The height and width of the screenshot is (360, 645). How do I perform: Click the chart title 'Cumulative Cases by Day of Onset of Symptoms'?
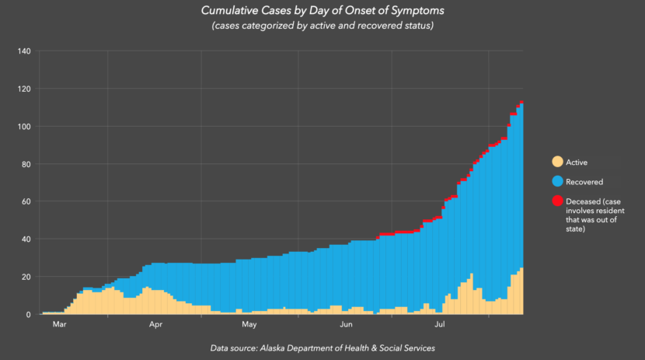322,12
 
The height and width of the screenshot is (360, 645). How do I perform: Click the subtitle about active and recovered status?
322,26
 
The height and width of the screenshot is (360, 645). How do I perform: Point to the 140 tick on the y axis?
24,52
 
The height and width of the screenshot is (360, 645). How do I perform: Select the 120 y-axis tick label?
24,89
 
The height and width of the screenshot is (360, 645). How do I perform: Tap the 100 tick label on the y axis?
24,127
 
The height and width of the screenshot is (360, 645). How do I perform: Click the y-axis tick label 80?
26,164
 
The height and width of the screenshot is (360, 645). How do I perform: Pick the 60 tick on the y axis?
26,201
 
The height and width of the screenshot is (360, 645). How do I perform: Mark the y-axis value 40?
26,239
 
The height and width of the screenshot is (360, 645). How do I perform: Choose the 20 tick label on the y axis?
26,277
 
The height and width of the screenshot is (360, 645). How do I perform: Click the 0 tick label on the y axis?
28,314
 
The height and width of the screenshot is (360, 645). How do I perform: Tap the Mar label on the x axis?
60,324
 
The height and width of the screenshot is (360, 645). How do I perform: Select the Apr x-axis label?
155,324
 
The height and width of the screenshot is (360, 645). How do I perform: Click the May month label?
249,324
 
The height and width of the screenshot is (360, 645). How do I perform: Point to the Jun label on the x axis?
345,324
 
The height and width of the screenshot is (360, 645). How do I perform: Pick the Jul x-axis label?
440,324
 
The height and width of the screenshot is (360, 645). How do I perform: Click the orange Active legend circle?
557,162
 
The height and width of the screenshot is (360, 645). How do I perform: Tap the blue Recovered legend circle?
557,181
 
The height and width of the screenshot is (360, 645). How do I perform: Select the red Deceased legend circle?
557,201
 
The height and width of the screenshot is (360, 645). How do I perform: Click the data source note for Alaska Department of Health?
322,348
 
